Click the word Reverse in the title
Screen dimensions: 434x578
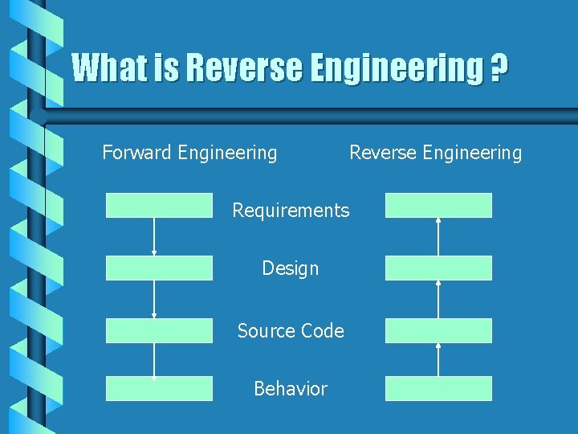[x=242, y=68]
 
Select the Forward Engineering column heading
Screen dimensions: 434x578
[x=189, y=152]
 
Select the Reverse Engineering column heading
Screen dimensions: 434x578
[x=435, y=152]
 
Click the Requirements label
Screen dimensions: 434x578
[x=291, y=211]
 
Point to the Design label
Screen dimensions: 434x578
[x=291, y=268]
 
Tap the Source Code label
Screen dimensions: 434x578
[x=291, y=331]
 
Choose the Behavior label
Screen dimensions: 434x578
[x=291, y=389]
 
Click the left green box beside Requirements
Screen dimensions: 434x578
[x=159, y=205]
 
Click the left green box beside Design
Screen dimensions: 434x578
[x=159, y=268]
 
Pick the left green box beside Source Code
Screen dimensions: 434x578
[x=159, y=330]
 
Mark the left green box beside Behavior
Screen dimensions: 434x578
[x=159, y=388]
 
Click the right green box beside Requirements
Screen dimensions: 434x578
[x=438, y=205]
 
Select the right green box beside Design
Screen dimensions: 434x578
[x=438, y=268]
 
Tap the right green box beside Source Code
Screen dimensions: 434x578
[x=438, y=330]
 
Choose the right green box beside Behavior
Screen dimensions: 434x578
[x=438, y=388]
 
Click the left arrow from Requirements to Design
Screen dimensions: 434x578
[x=154, y=236]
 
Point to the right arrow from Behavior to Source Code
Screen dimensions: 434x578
[x=438, y=360]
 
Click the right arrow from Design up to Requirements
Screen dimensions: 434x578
[x=438, y=236]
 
